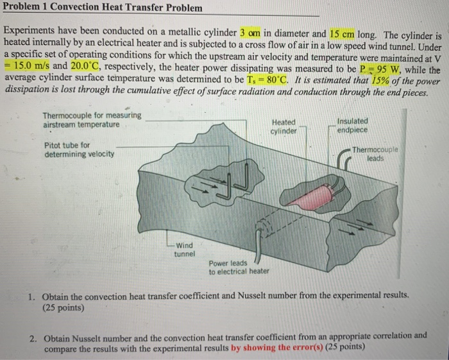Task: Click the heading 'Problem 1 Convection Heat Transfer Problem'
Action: pos(103,8)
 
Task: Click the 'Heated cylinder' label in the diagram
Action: pos(284,126)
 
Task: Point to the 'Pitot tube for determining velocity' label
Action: pos(80,150)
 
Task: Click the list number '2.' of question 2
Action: pos(33,336)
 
